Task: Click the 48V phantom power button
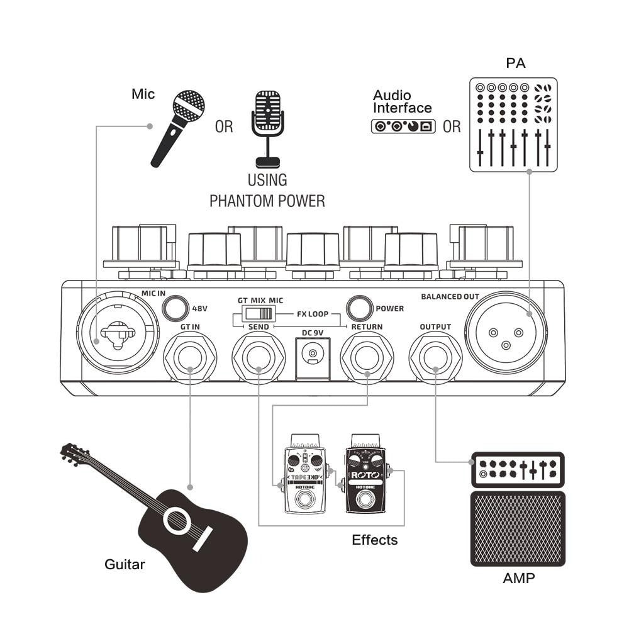pos(175,308)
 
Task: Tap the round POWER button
pos(359,308)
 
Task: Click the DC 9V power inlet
pos(313,355)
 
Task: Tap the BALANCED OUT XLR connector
pos(506,331)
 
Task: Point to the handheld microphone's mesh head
pos(189,106)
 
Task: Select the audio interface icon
pos(403,126)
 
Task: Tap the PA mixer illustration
pos(513,125)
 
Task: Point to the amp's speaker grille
pos(518,528)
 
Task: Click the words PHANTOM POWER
pos(267,201)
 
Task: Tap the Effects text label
pos(374,540)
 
